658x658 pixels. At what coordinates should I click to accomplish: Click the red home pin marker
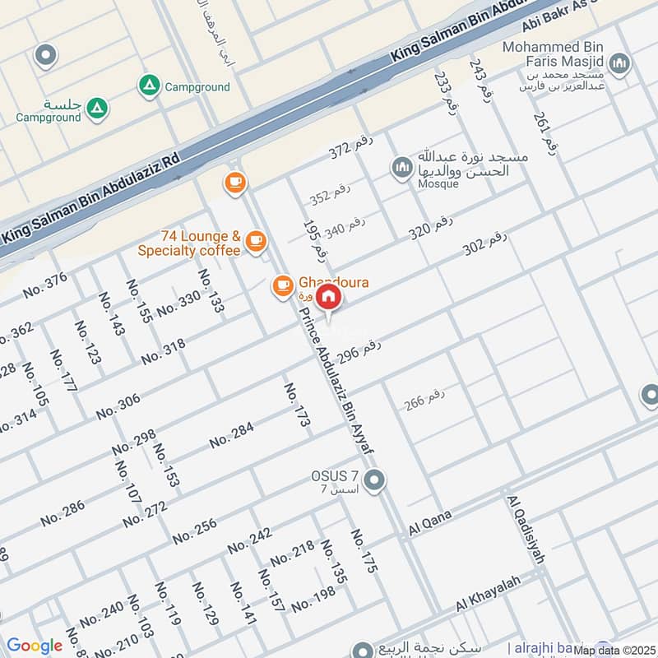tap(329, 296)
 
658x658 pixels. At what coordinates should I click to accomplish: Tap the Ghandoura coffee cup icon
tap(283, 285)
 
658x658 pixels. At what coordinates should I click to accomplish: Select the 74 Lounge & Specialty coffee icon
tap(256, 240)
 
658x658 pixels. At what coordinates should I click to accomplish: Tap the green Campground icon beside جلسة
tap(97, 106)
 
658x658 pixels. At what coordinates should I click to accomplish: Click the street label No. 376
tap(45, 285)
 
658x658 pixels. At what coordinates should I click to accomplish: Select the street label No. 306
tap(118, 407)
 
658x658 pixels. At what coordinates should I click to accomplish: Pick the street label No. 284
tap(230, 436)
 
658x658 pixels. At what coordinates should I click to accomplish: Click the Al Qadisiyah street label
tap(527, 531)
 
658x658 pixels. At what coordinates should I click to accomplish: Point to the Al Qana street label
tap(430, 524)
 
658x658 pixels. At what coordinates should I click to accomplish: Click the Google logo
tap(35, 646)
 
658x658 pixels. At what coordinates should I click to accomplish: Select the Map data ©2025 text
tap(614, 650)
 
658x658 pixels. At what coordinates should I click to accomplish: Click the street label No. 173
tap(298, 405)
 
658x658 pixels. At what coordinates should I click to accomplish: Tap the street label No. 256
tap(195, 531)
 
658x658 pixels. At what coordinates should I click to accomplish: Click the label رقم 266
tap(424, 400)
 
